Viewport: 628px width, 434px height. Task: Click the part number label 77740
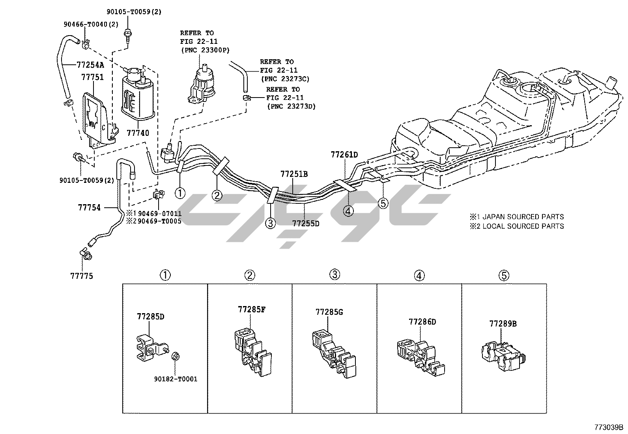pos(138,133)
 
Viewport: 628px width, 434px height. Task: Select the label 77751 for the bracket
pos(92,77)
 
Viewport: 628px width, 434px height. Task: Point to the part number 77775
pos(82,276)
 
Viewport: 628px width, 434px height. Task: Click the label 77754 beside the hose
pos(89,207)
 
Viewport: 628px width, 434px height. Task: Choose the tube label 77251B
pos(294,174)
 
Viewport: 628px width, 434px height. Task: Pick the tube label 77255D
pos(306,223)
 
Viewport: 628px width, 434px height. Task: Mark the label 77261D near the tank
pos(344,154)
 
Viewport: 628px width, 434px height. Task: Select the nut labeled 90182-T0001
pos(176,379)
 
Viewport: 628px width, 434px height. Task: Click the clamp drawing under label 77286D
pos(419,355)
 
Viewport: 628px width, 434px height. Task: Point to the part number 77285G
pos(329,312)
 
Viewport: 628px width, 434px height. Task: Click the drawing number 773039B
pos(609,427)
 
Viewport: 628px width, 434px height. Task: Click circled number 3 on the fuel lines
pos(270,224)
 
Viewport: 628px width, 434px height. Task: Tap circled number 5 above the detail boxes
pos(504,275)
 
